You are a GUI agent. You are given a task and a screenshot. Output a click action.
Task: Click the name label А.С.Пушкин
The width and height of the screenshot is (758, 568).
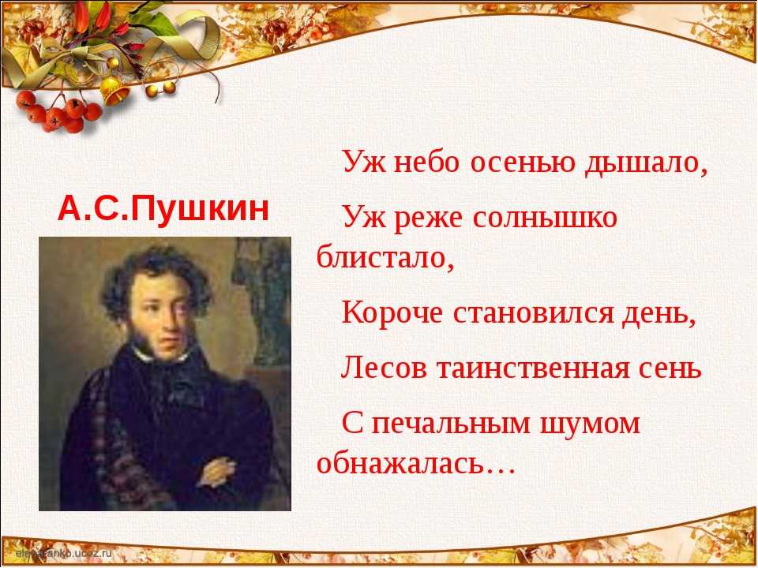point(163,208)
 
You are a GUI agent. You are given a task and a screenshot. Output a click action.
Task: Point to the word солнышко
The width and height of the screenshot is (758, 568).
point(545,218)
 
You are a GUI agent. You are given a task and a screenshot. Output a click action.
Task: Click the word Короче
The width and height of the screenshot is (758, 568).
point(392,313)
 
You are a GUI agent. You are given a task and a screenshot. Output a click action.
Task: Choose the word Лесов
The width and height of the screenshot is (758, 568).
point(384,368)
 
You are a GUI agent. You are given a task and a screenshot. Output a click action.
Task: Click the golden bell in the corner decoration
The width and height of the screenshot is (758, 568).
point(114,90)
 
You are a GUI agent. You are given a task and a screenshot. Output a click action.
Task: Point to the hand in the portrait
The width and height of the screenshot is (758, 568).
point(217,472)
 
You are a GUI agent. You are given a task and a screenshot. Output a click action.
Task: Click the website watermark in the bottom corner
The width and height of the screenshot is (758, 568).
point(63,553)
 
